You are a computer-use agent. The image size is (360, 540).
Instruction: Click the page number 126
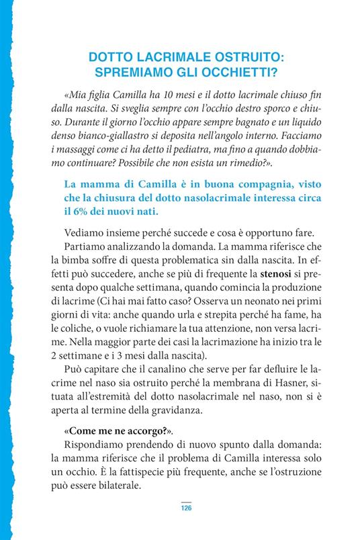(x=186, y=507)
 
